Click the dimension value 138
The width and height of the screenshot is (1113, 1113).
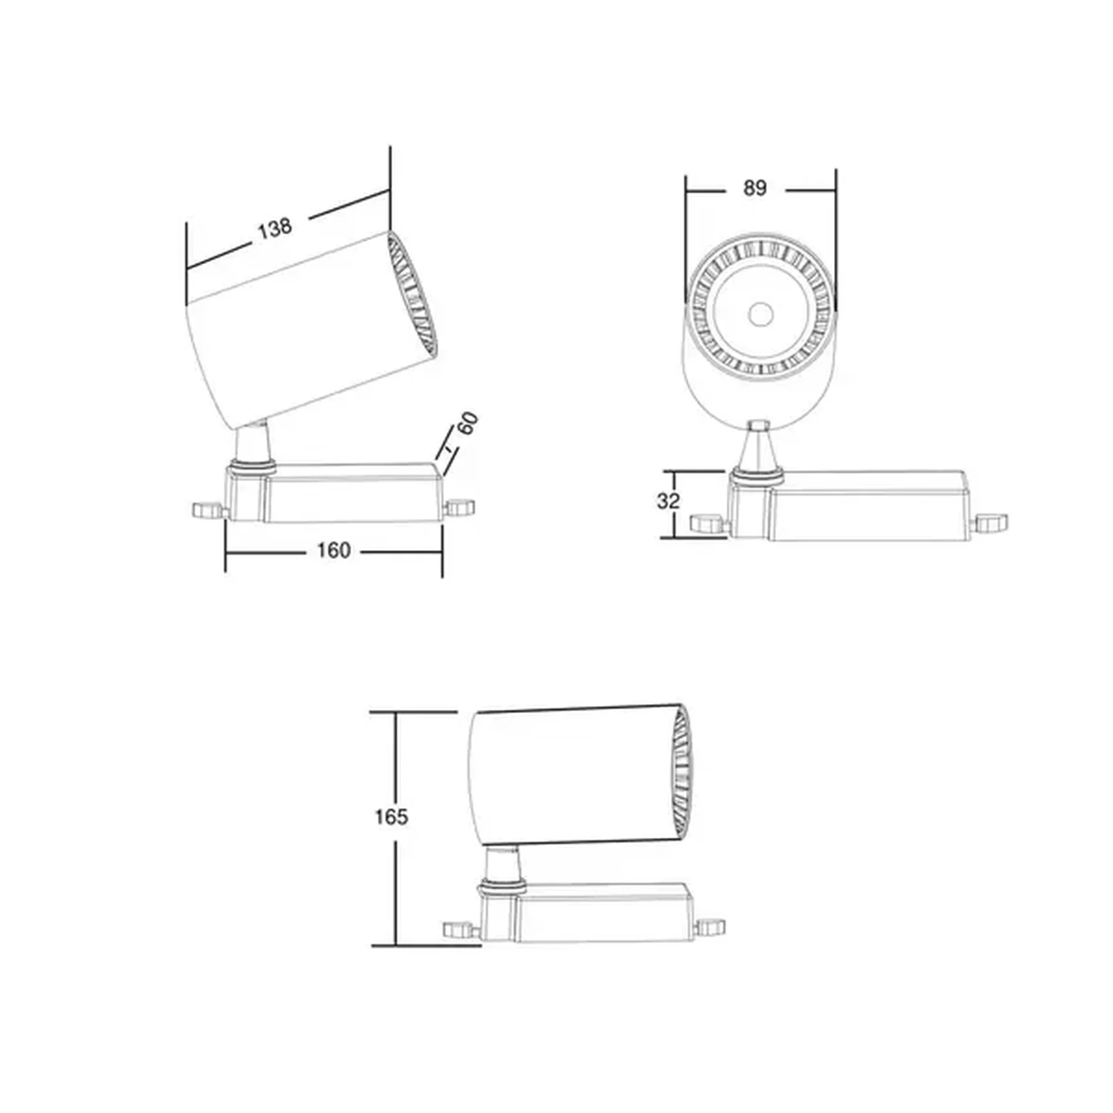pyautogui.click(x=275, y=228)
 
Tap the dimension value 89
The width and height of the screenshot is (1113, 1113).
pyautogui.click(x=755, y=188)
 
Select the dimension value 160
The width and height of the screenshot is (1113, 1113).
pyautogui.click(x=333, y=551)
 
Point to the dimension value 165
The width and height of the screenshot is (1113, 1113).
pyautogui.click(x=391, y=817)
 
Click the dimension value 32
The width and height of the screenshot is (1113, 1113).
pyautogui.click(x=668, y=501)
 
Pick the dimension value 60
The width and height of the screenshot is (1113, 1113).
pyautogui.click(x=468, y=424)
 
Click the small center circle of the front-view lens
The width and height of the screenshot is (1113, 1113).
pyautogui.click(x=760, y=315)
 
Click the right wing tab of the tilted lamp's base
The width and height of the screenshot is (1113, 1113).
pyautogui.click(x=460, y=507)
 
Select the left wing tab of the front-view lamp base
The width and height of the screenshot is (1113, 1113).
pyautogui.click(x=708, y=523)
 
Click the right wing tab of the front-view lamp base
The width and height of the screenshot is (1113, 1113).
pyautogui.click(x=991, y=523)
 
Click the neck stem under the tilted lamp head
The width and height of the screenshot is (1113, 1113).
pyautogui.click(x=252, y=443)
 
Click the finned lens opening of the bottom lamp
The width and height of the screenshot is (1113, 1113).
pyautogui.click(x=681, y=774)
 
